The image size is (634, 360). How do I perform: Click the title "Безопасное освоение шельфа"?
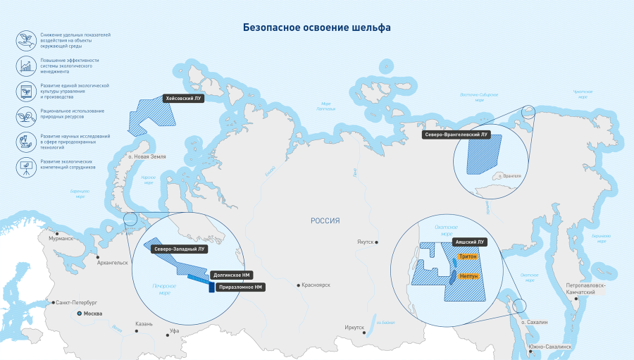coord(316,27)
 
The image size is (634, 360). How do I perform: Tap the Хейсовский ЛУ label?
coord(183,99)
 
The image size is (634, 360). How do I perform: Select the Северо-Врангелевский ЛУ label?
coord(456,134)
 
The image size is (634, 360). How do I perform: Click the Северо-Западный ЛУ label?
coord(180,249)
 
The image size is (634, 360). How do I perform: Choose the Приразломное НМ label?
coord(240,287)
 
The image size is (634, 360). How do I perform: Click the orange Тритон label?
coord(467,258)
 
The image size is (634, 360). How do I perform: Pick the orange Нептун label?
coord(468,277)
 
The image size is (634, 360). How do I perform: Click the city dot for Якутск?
coord(378,242)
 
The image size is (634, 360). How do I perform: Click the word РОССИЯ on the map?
coord(325,221)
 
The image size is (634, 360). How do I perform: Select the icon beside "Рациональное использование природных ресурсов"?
coord(26,113)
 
